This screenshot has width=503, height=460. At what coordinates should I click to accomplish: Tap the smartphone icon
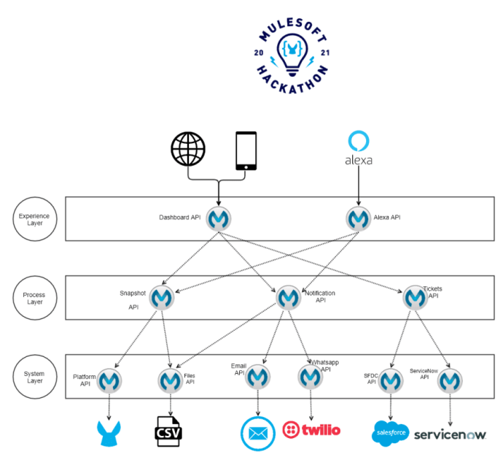[246, 151]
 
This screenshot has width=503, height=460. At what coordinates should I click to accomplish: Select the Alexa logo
[358, 147]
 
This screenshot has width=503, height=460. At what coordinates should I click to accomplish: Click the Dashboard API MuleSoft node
[219, 218]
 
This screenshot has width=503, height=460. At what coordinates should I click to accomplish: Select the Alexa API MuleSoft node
[358, 218]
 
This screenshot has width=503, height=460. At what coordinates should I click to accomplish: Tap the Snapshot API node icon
[161, 297]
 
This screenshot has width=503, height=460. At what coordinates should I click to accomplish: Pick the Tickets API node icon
[415, 297]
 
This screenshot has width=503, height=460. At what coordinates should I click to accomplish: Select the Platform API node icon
[110, 380]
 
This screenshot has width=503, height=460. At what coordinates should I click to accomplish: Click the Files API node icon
[171, 380]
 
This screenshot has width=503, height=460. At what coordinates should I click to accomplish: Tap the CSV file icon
[169, 431]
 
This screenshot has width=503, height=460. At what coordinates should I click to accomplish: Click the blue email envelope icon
[258, 433]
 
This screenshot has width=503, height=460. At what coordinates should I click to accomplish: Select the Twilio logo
[311, 429]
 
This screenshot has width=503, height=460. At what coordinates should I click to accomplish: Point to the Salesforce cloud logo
[391, 432]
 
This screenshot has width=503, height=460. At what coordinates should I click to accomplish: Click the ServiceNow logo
[450, 434]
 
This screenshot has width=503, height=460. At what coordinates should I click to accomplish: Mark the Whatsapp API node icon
[311, 376]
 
